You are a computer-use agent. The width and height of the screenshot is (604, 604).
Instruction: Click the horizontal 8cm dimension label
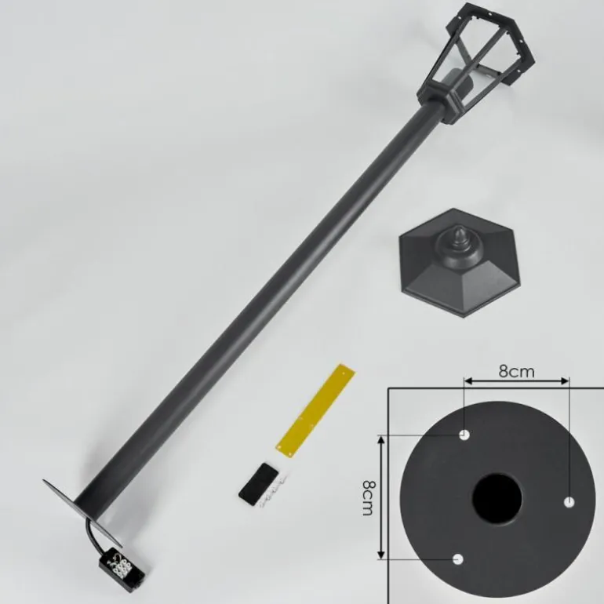click(x=517, y=371)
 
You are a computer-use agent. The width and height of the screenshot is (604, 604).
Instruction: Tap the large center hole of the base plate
click(x=497, y=498)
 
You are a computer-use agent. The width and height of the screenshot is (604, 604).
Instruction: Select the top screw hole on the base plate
click(x=464, y=435)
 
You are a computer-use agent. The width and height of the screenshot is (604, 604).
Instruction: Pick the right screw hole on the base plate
click(x=569, y=502)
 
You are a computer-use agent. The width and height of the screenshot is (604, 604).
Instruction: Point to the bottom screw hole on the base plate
click(x=458, y=559)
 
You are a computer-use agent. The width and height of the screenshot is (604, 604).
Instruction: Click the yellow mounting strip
click(x=316, y=410)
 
